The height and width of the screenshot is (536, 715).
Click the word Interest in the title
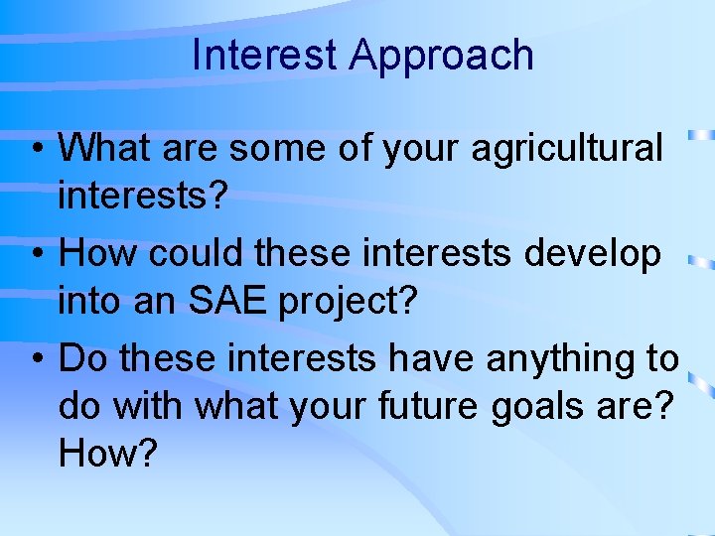point(265,55)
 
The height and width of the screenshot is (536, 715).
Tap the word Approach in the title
point(441,55)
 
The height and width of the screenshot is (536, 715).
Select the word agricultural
point(567,149)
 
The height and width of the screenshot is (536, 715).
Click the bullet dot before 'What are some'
point(35,150)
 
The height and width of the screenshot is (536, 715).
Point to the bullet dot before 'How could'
point(35,255)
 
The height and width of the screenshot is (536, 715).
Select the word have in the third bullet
point(432,359)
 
